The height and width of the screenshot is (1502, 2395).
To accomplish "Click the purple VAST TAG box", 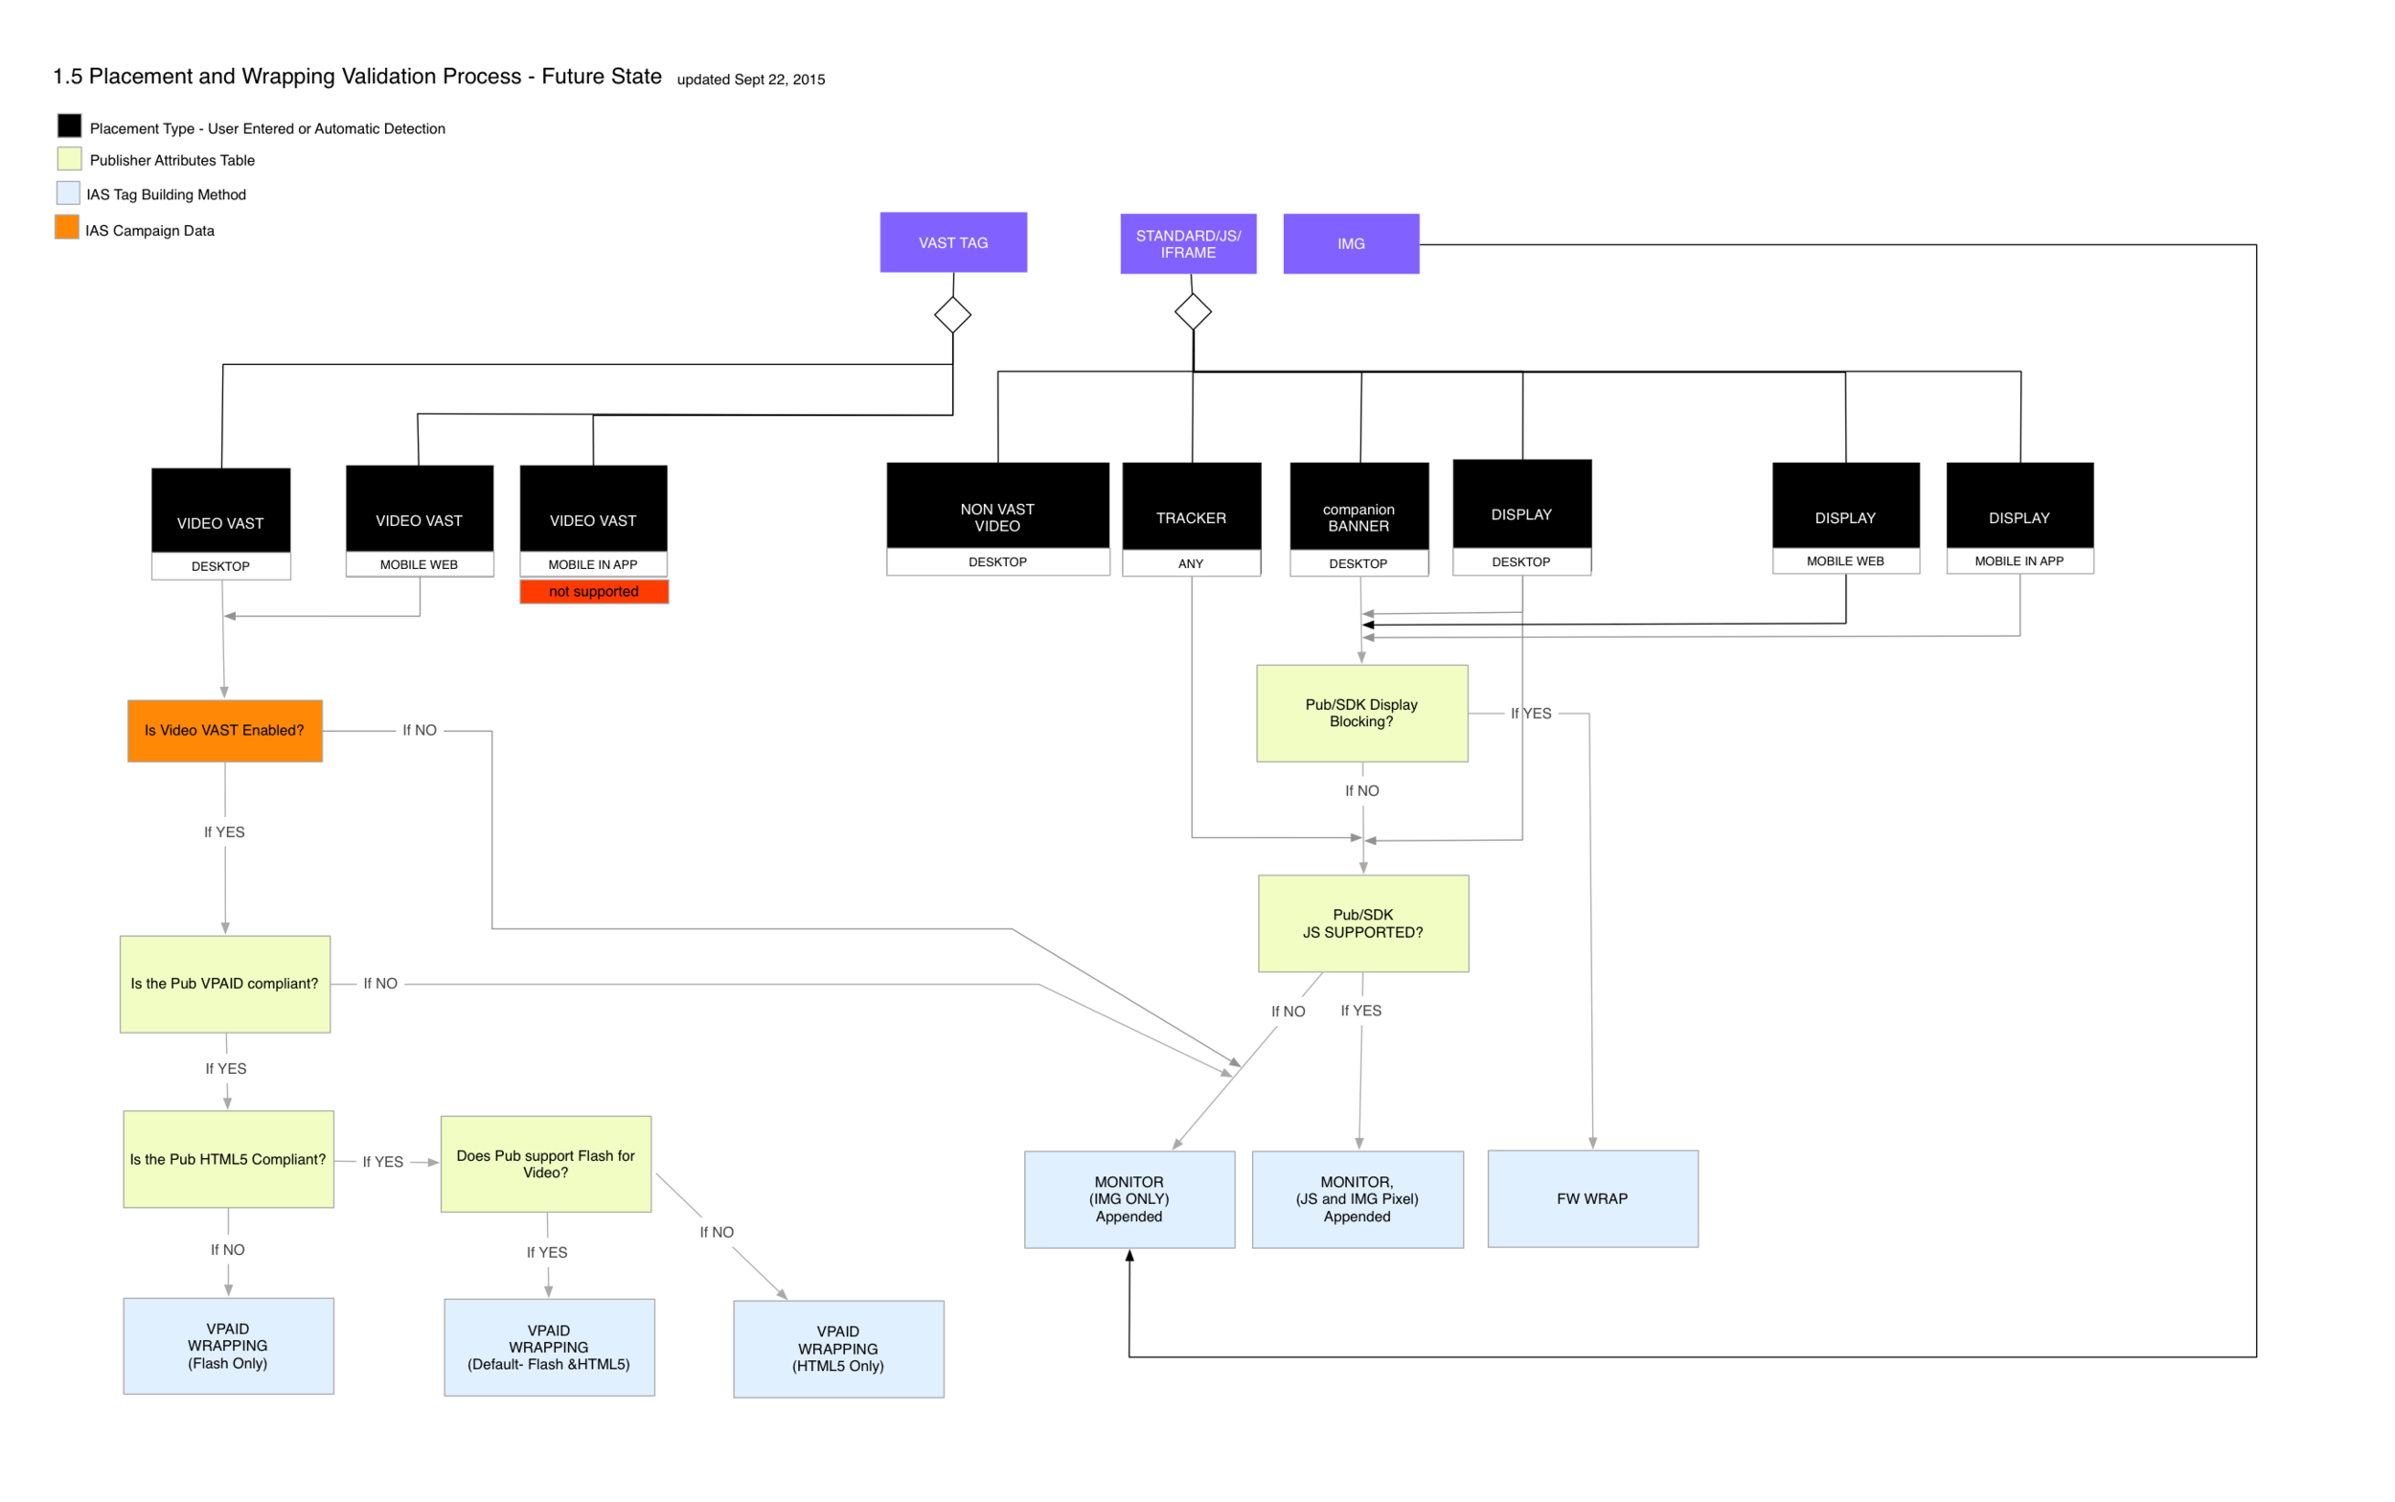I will (x=952, y=242).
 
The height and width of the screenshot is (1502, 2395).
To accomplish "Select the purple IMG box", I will (x=1350, y=243).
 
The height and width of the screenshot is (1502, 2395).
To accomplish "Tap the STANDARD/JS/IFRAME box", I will (x=1188, y=243).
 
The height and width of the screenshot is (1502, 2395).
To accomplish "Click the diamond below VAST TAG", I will (x=951, y=315).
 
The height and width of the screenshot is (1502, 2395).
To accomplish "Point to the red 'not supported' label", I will (x=593, y=591).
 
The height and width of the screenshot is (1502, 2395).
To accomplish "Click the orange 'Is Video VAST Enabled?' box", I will (x=224, y=730).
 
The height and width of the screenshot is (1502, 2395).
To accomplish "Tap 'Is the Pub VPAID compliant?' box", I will (x=224, y=984).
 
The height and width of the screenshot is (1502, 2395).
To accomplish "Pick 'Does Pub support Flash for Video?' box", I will (x=545, y=1163).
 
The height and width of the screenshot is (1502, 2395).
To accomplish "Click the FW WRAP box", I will (x=1591, y=1198).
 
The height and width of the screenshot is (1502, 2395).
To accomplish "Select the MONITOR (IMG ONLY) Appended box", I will (x=1129, y=1198).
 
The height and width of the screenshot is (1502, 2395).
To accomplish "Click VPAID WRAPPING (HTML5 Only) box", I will (x=837, y=1348).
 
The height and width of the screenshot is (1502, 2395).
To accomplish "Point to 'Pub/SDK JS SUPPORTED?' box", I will (x=1362, y=922).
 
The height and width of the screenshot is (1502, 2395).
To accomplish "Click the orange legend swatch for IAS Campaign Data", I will (x=66, y=227).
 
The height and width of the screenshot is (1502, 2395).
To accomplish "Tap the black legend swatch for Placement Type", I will (x=69, y=125).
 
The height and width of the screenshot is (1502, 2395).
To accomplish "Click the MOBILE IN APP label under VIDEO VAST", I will (x=593, y=564).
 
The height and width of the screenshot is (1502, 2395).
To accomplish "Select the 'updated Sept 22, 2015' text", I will (x=750, y=80).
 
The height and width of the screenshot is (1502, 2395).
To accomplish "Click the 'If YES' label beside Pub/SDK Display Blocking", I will (x=1530, y=714).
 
